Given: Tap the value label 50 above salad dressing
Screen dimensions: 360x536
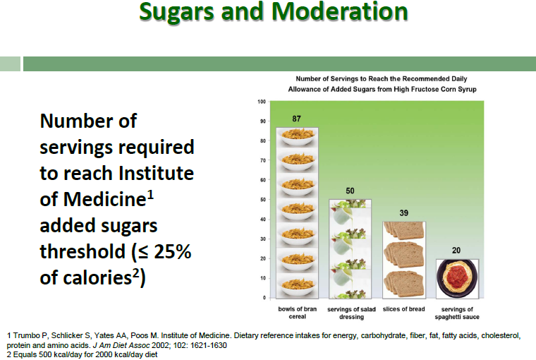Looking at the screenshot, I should pyautogui.click(x=351, y=191).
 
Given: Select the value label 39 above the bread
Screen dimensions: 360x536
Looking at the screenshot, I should pyautogui.click(x=403, y=212).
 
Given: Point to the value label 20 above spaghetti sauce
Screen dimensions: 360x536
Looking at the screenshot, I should pyautogui.click(x=457, y=250).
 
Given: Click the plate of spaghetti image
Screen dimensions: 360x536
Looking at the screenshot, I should pyautogui.click(x=457, y=278).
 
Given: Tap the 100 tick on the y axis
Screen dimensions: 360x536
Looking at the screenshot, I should pyautogui.click(x=261, y=102).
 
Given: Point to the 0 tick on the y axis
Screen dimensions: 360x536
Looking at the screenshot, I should pyautogui.click(x=263, y=298).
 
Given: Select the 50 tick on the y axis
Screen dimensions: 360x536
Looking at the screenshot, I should pyautogui.click(x=262, y=200).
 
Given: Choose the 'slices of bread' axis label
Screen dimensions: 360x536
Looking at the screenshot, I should pyautogui.click(x=403, y=309).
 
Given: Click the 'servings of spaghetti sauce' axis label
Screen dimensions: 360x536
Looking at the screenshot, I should pyautogui.click(x=457, y=313).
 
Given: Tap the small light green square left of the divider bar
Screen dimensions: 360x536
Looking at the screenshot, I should pyautogui.click(x=10, y=64).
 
